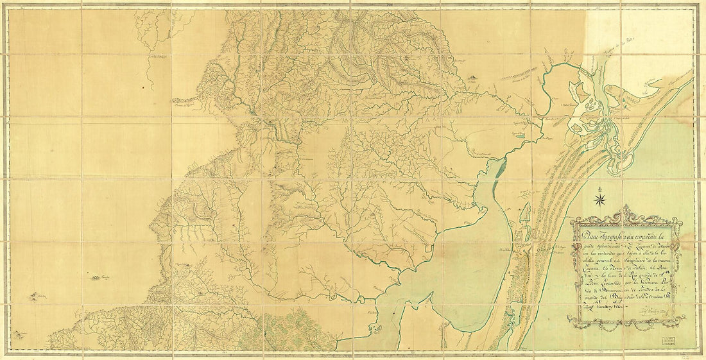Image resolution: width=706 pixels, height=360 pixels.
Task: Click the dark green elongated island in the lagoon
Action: (x=497, y=169)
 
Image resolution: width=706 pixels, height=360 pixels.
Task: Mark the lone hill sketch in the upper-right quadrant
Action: (x=473, y=79)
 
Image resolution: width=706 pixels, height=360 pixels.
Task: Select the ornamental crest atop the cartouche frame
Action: (x=625, y=212)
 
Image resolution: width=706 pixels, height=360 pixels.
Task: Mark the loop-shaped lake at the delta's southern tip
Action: (x=620, y=164)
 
